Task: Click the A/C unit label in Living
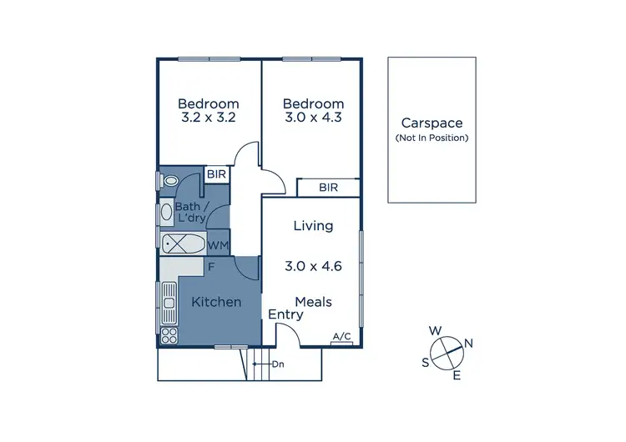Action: coord(341,337)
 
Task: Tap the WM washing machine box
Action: coord(218,246)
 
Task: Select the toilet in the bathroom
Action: coord(171,180)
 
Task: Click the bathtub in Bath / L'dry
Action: coord(183,245)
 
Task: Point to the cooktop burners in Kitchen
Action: coord(169,334)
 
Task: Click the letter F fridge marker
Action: coord(213,268)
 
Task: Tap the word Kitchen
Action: coord(216,302)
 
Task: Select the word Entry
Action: coord(285,315)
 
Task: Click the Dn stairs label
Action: coord(278,364)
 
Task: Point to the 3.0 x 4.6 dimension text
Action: coord(313,267)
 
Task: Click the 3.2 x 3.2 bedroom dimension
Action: coord(209,118)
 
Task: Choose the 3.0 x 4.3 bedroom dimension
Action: coord(313,118)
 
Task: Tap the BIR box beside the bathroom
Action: coord(217,174)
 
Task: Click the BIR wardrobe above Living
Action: coord(328,188)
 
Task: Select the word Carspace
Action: coord(431,123)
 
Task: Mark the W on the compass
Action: coord(435,331)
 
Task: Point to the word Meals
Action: coord(313,302)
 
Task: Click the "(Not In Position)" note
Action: coord(431,138)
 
